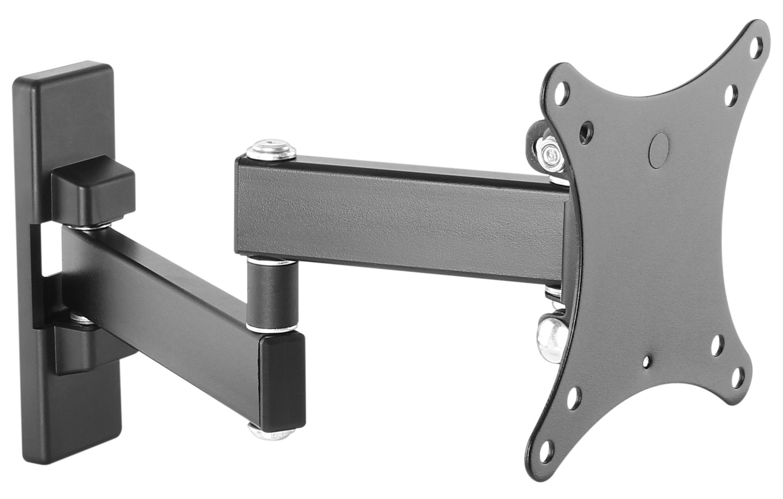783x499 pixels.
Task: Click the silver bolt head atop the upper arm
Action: tap(271, 151)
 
